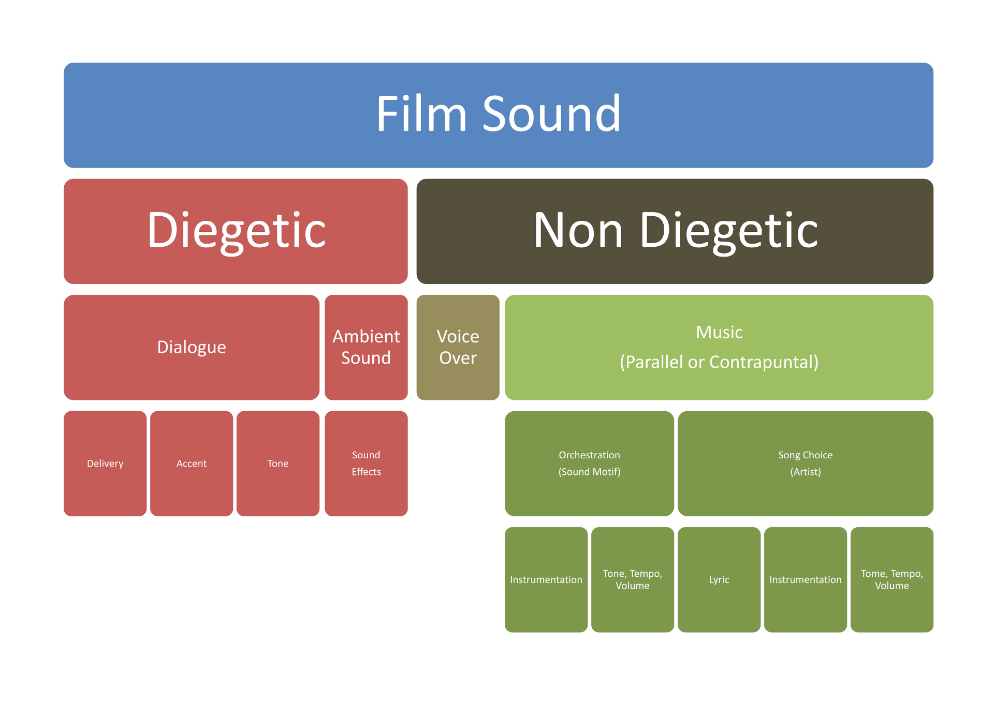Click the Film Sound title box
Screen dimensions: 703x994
(498, 115)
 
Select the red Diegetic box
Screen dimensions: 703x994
(236, 231)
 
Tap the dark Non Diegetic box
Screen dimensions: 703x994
(675, 231)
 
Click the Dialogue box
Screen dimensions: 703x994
(191, 347)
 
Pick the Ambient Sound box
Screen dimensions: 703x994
(366, 347)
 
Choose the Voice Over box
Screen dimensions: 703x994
(458, 347)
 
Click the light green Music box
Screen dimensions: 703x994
(719, 347)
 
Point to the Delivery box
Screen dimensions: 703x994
(105, 463)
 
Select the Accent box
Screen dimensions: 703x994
(191, 463)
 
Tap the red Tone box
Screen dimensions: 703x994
(277, 463)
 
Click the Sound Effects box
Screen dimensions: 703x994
(366, 463)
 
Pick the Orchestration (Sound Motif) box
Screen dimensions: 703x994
(589, 463)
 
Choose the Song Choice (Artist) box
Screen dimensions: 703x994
(805, 463)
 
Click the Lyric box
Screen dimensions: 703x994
(719, 579)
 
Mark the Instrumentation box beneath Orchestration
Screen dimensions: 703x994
(546, 579)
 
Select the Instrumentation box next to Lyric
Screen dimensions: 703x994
(805, 579)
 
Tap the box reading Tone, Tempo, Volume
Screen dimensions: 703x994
(632, 579)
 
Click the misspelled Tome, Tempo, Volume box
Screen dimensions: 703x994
(891, 579)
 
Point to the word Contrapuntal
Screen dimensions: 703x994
(764, 362)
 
